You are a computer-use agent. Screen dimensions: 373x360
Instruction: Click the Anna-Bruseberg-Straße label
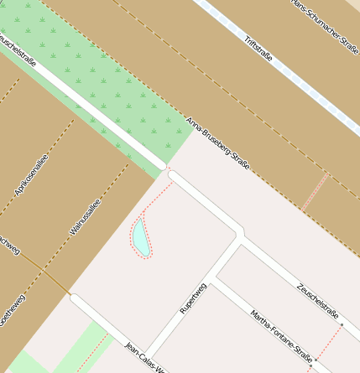pos(218,144)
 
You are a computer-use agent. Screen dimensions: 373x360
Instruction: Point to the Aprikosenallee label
pos(32,175)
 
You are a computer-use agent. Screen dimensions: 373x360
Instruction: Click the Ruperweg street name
pos(193,297)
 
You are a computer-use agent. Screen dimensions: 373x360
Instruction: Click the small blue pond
pos(139,237)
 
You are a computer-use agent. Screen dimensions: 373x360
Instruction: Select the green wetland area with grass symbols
pos(109,84)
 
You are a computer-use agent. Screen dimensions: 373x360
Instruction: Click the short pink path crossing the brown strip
pos(315,192)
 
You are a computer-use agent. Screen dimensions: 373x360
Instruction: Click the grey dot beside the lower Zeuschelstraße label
pos(342,323)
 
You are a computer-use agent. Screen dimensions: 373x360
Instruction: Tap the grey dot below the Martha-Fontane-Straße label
pos(310,365)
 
